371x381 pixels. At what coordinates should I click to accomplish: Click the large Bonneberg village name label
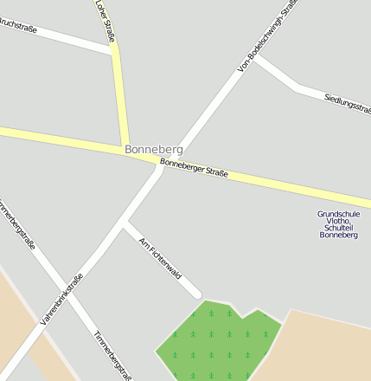[x=153, y=150]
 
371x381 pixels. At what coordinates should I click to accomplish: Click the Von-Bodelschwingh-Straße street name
[x=266, y=34]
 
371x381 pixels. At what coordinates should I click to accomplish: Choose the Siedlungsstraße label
[x=347, y=108]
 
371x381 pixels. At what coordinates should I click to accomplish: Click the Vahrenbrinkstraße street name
[x=61, y=300]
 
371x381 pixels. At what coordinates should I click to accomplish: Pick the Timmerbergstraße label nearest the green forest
[x=113, y=355]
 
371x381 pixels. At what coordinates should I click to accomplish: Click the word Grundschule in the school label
[x=338, y=214]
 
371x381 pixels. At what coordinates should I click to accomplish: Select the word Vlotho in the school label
[x=338, y=221]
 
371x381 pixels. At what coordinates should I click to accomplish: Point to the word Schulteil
[x=338, y=228]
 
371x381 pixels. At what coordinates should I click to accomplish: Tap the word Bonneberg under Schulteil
[x=338, y=235]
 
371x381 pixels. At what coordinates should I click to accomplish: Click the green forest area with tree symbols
[x=212, y=342]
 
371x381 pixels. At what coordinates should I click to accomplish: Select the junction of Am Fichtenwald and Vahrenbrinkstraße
[x=125, y=225]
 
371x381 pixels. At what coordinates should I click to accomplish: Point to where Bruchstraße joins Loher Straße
[x=115, y=51]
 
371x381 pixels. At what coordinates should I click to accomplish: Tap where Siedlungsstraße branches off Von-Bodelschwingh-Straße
[x=256, y=59]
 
